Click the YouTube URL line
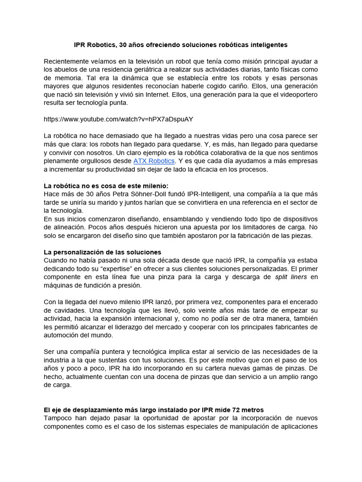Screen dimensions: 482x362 tap(118, 119)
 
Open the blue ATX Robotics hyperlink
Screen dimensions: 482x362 tap(154, 161)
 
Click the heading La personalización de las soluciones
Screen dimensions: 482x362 tap(102, 252)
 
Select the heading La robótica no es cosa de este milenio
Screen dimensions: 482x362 tap(106, 185)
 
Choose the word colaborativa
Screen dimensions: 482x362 tap(228, 153)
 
